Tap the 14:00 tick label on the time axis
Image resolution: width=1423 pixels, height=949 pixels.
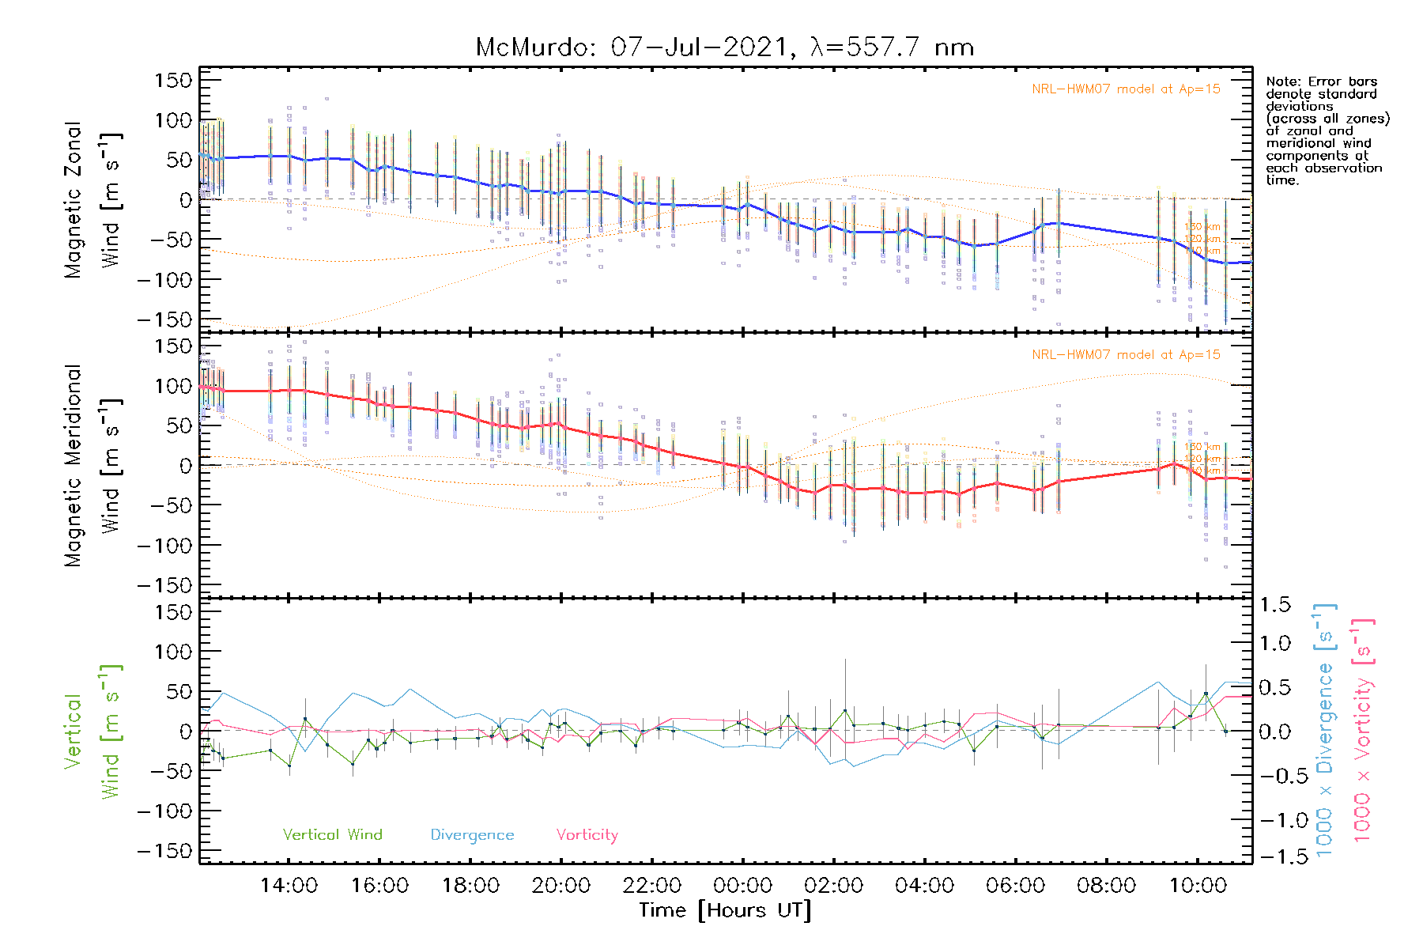pyautogui.click(x=289, y=886)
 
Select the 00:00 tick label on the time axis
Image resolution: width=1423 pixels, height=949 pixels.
pyautogui.click(x=742, y=886)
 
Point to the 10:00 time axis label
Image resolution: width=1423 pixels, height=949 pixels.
pyautogui.click(x=1197, y=886)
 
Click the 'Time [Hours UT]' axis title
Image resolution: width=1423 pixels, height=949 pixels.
pyautogui.click(x=725, y=911)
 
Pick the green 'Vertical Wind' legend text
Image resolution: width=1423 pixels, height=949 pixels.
pyautogui.click(x=332, y=835)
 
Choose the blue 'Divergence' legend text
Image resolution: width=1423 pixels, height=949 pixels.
pyautogui.click(x=472, y=835)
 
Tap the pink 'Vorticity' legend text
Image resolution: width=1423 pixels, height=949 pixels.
pyautogui.click(x=587, y=835)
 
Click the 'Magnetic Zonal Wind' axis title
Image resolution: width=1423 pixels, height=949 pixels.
pyautogui.click(x=92, y=199)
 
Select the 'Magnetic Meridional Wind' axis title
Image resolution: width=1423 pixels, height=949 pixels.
pyautogui.click(x=92, y=465)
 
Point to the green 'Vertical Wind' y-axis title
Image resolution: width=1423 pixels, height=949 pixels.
pyautogui.click(x=92, y=731)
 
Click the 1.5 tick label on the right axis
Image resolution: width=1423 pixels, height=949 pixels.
pyautogui.click(x=1275, y=605)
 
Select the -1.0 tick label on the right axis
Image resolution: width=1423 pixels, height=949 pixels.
pyautogui.click(x=1275, y=820)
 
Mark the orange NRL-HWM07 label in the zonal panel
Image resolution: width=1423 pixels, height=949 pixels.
pyautogui.click(x=1126, y=89)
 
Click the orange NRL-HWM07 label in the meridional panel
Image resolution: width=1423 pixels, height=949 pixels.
pyautogui.click(x=1126, y=355)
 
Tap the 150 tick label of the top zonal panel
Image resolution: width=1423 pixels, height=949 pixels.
pyautogui.click(x=173, y=80)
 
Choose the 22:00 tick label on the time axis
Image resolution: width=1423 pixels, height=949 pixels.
pyautogui.click(x=651, y=886)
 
